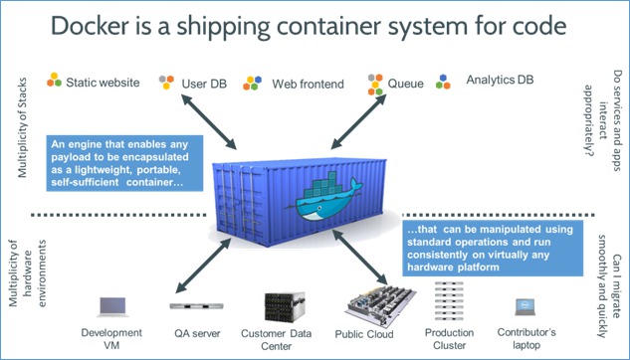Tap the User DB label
click(x=205, y=83)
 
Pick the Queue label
click(x=409, y=83)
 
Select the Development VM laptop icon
click(x=111, y=305)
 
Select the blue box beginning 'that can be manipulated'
click(x=495, y=248)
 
